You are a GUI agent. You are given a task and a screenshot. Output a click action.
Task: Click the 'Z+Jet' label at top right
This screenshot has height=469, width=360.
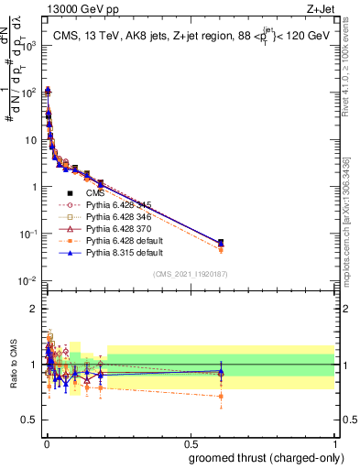(x=322, y=10)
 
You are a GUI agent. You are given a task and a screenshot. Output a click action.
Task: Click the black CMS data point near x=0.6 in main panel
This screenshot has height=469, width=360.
(x=220, y=243)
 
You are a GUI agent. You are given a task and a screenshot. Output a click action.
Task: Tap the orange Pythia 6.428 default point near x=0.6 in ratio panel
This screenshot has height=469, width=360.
(x=220, y=397)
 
